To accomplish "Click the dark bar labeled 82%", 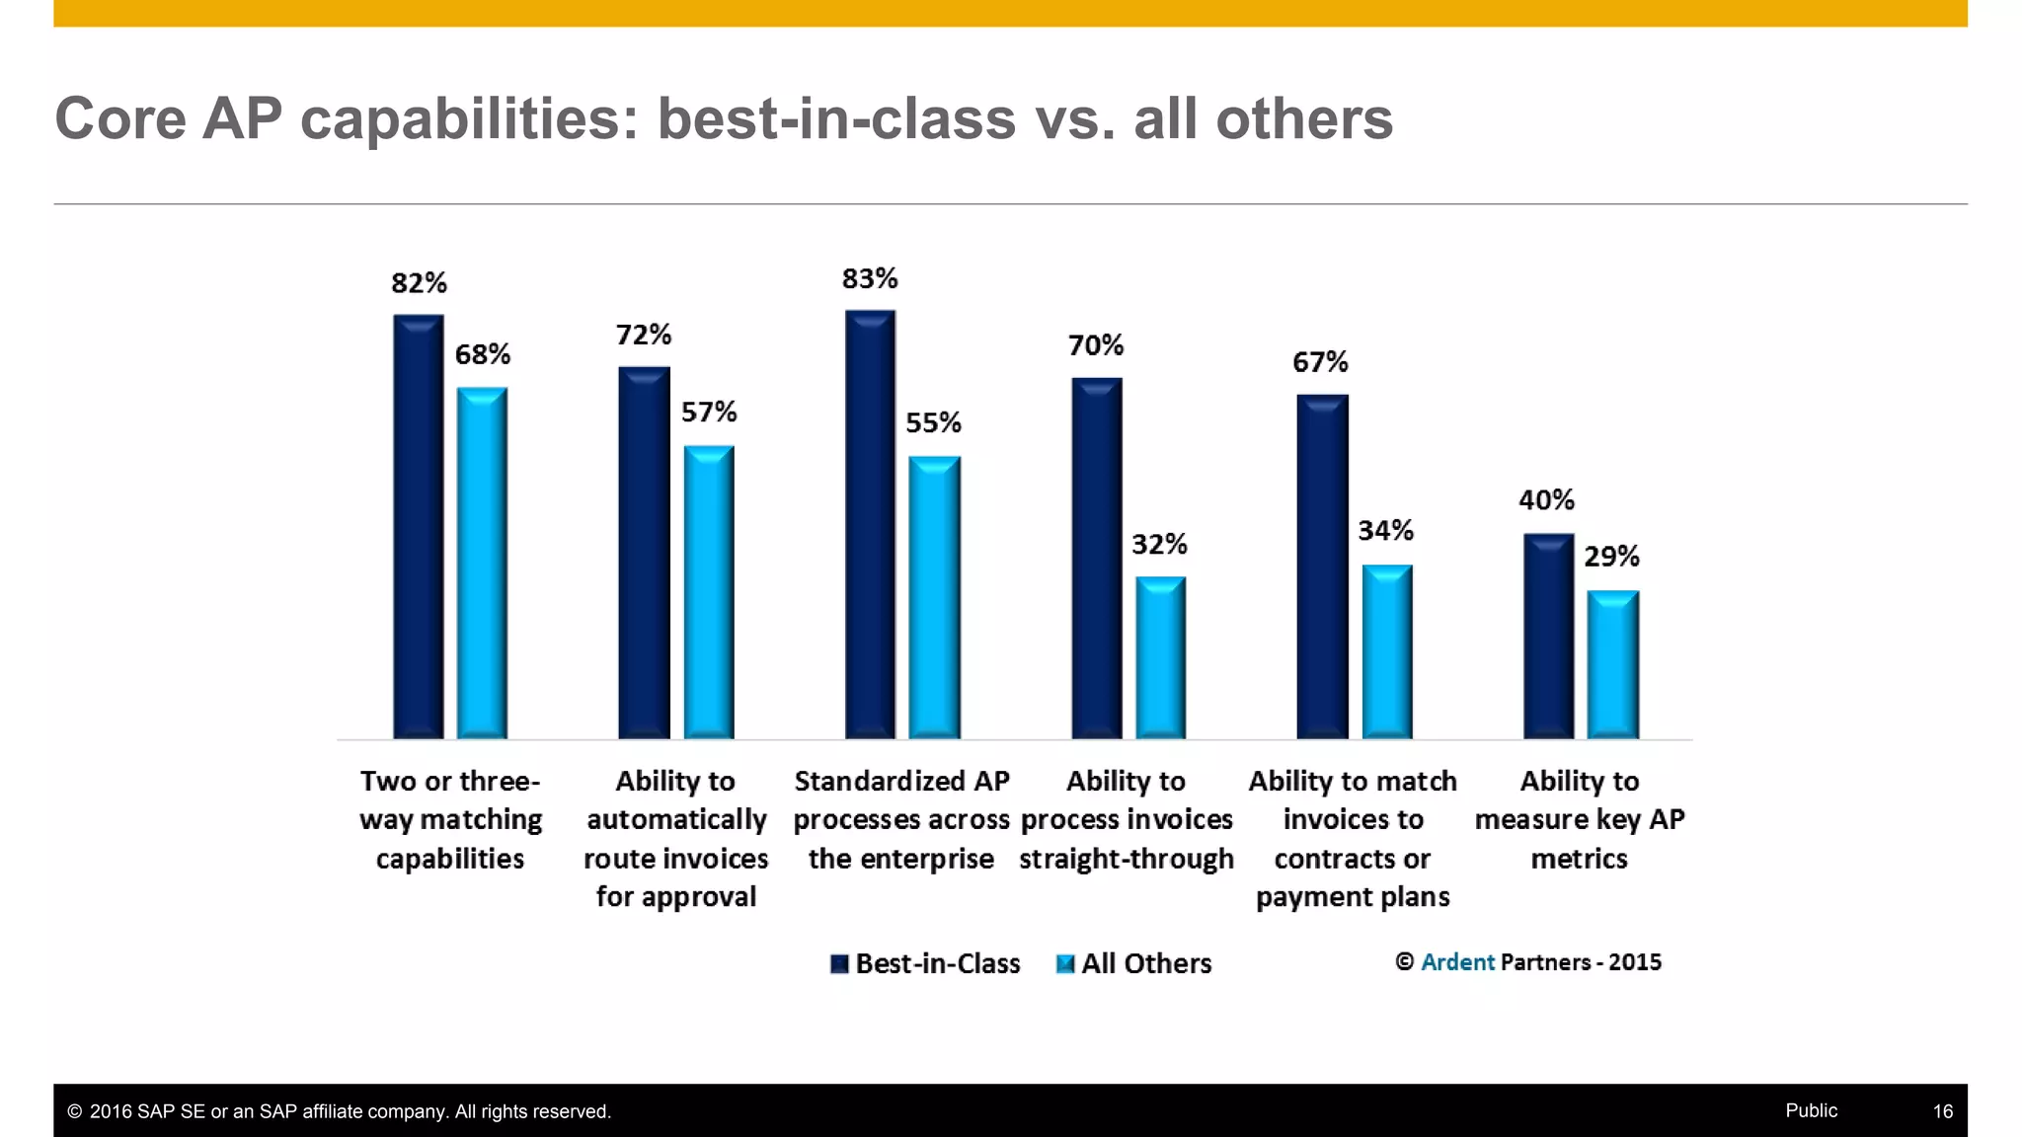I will click(419, 528).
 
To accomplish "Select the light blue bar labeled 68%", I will click(482, 563).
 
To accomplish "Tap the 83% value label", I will click(870, 279).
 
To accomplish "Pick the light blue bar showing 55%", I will click(934, 597).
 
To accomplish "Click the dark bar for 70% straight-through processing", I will click(1096, 558).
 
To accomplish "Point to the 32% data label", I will click(1159, 545).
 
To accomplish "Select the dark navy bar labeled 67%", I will click(1322, 568).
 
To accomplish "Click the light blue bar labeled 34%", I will click(1387, 651).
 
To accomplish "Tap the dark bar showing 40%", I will click(1548, 637).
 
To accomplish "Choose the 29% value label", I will click(1611, 557).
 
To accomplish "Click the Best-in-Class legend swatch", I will click(839, 964).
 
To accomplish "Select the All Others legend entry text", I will click(1146, 964).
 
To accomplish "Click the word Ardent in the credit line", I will click(1457, 962).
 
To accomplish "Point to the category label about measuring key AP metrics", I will click(1579, 819).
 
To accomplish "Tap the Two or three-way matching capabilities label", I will click(450, 819).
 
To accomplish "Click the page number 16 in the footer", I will click(1942, 1111).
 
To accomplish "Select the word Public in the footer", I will click(1811, 1110).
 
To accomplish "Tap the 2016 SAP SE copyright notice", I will click(340, 1111).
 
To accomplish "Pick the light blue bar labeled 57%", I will click(709, 592).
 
